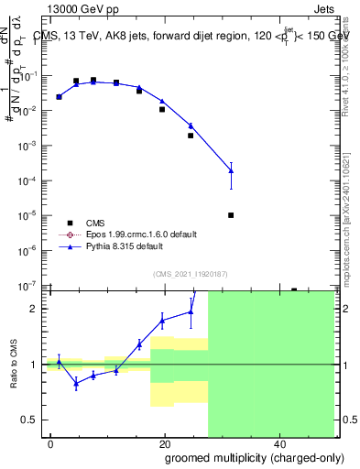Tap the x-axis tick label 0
50,443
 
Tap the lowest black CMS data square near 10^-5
231,215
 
